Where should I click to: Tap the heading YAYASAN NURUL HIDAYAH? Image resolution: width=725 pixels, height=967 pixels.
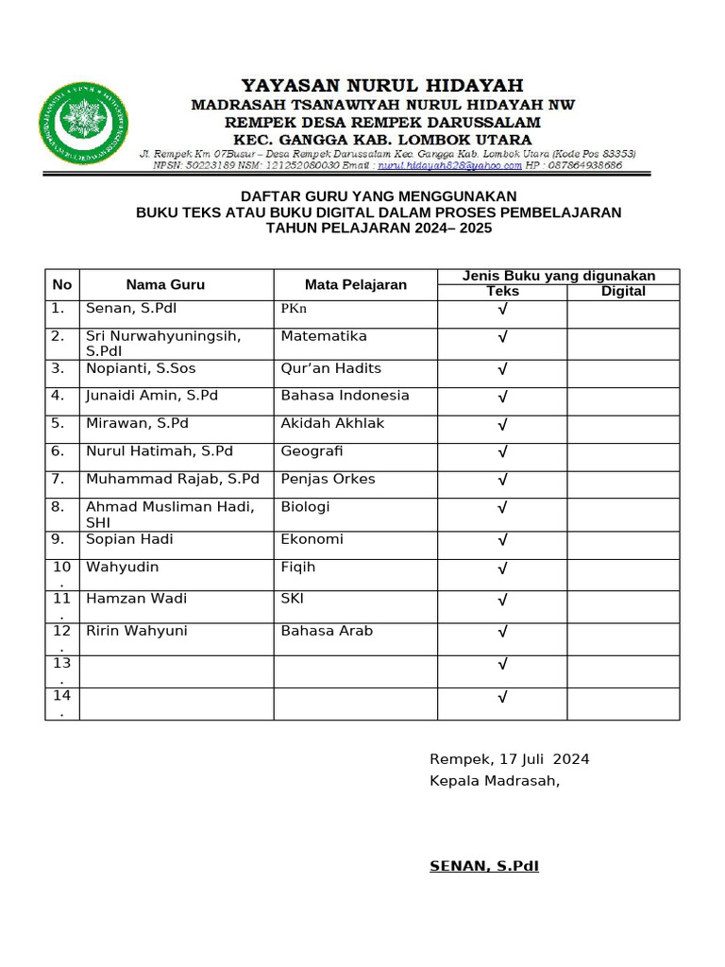(382, 86)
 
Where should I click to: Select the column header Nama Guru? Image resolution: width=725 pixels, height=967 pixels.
(165, 284)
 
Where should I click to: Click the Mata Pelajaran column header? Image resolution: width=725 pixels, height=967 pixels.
(355, 284)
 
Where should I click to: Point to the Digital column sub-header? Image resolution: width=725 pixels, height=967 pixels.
(623, 292)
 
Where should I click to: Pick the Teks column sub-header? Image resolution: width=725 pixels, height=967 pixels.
(502, 292)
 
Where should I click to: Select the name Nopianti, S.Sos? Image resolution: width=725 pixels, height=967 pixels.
(141, 368)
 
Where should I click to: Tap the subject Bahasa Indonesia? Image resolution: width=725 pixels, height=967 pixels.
(345, 396)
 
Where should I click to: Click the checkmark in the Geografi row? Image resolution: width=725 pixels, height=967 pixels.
(502, 453)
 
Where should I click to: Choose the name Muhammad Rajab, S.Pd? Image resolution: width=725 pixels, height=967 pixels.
(172, 479)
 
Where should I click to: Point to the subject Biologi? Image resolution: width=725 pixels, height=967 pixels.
(305, 507)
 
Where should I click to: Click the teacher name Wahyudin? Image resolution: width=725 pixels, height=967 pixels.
(122, 568)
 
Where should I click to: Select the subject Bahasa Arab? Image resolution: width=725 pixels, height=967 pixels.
(327, 631)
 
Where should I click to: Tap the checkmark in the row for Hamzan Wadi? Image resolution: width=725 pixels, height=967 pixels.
(502, 600)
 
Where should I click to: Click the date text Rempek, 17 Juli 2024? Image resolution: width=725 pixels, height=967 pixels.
(509, 759)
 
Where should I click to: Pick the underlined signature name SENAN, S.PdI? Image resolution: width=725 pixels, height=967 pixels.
(484, 866)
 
